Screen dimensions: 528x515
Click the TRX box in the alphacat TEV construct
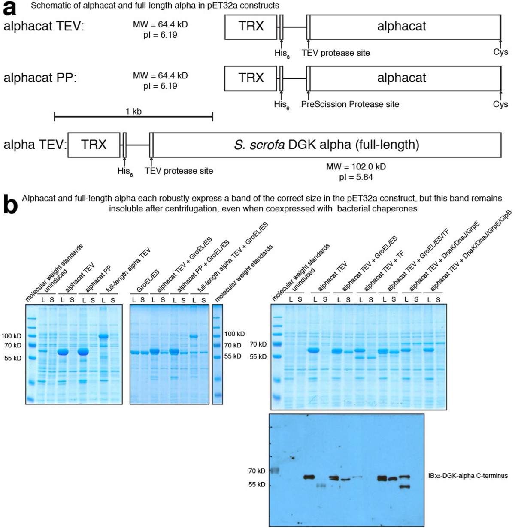tap(251, 27)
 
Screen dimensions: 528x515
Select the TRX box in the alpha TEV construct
tap(94, 145)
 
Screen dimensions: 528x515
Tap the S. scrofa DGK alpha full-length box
tap(327, 145)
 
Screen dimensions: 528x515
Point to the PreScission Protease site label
tap(350, 104)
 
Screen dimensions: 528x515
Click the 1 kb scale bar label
tap(133, 112)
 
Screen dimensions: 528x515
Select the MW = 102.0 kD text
tap(353, 166)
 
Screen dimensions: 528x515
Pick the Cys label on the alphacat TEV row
tap(500, 52)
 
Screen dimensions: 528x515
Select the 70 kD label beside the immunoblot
tap(257, 471)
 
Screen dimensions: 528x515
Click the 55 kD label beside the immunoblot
tap(257, 485)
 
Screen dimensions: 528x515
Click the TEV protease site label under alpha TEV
tap(179, 171)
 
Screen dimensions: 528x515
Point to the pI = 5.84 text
tap(353, 176)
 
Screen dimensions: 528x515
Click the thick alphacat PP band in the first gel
tap(83, 352)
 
